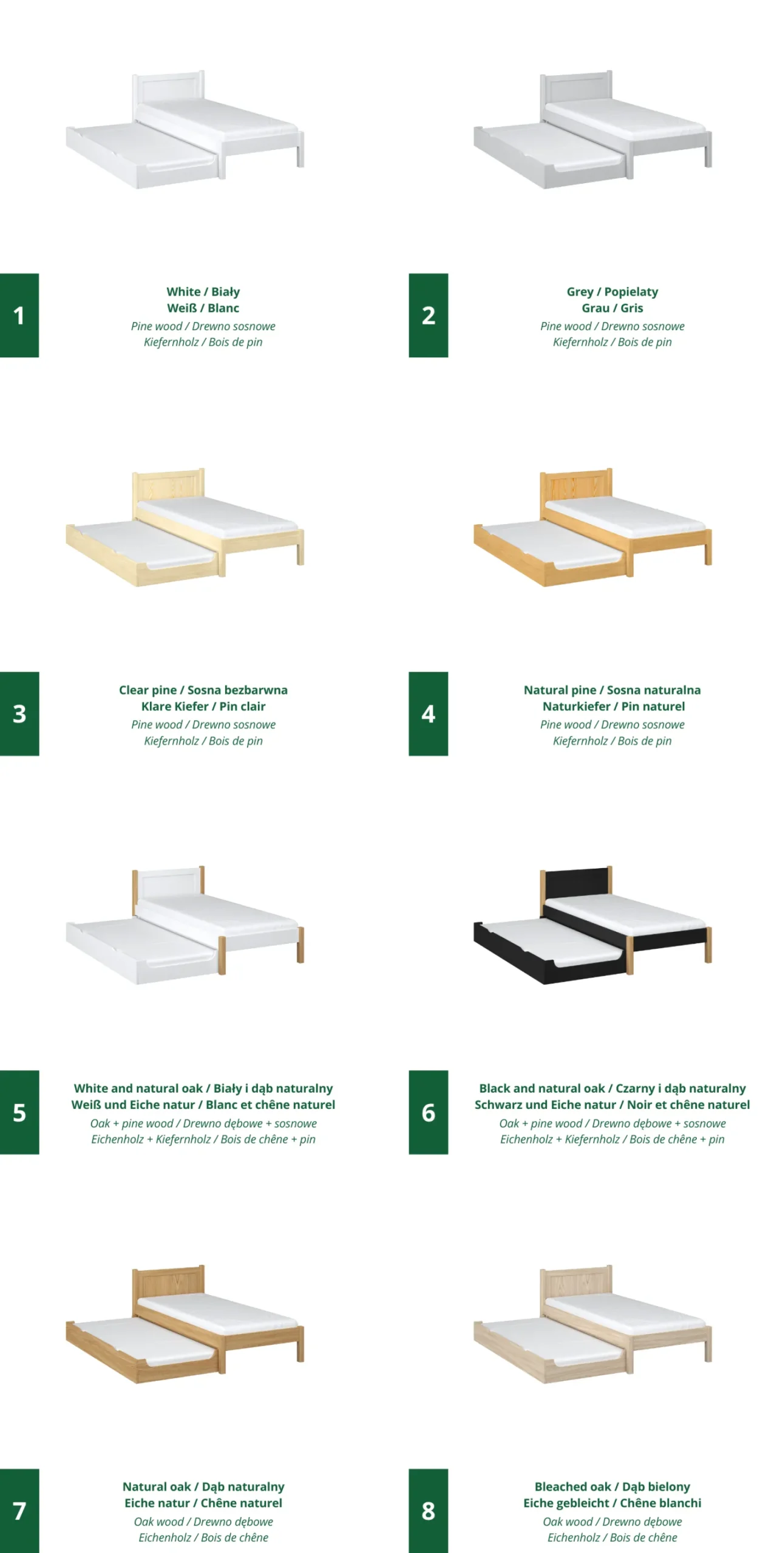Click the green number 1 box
[x=19, y=315]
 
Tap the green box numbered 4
[x=428, y=713]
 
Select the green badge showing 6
[x=428, y=1112]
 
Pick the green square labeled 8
[x=428, y=1511]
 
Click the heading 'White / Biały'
[x=203, y=292]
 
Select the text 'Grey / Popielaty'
[x=612, y=292]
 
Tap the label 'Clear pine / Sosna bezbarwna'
[x=203, y=690]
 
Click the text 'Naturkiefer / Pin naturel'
[x=613, y=706]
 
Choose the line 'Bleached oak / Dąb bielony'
[x=612, y=1487]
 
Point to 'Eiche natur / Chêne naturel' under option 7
[x=203, y=1503]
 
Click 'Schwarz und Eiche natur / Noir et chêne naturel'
[x=612, y=1105]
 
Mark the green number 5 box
[x=19, y=1112]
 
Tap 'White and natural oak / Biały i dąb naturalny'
[x=203, y=1088]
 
